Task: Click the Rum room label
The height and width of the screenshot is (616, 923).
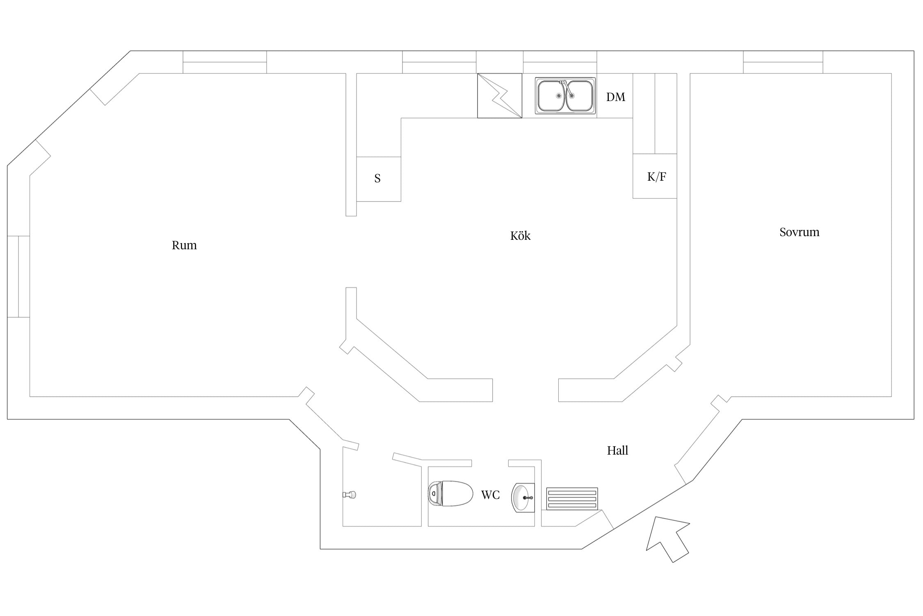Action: pos(184,245)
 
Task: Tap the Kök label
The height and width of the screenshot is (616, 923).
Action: pos(520,236)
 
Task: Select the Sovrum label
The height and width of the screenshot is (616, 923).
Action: pos(799,232)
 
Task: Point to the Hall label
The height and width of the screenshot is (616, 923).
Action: pos(617,451)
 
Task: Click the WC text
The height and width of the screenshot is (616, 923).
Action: pos(490,495)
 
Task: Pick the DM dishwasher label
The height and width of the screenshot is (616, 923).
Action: pos(616,97)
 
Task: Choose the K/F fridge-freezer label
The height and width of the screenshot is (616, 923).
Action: pos(656,177)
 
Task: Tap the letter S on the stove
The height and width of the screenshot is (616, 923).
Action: pos(377,178)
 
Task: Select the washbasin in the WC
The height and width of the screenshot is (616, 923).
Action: pos(523,498)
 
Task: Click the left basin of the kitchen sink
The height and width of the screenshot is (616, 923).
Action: pos(551,96)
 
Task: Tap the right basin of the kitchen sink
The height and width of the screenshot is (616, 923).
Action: pos(579,96)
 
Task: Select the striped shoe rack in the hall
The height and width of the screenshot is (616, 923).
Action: pos(572,499)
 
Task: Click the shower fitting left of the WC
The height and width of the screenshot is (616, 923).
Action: pos(350,495)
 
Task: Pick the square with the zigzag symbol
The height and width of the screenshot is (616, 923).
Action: pos(500,96)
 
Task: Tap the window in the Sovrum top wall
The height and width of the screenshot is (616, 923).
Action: pos(783,62)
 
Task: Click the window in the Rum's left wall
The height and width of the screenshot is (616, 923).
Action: pos(18,276)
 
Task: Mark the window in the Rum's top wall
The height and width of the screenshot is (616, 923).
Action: pos(225,62)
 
